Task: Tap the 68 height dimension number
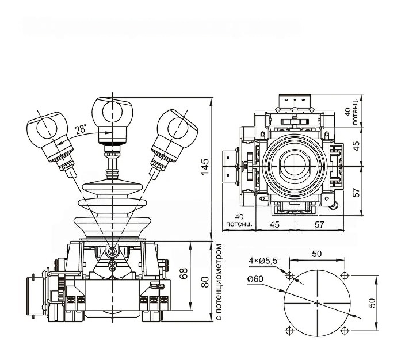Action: (x=184, y=273)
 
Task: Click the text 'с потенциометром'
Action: (x=219, y=284)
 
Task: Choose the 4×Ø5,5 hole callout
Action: (x=263, y=261)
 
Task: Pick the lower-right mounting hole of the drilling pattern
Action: (x=345, y=330)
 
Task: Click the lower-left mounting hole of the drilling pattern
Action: (x=289, y=330)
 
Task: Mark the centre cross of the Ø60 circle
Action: (x=317, y=302)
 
